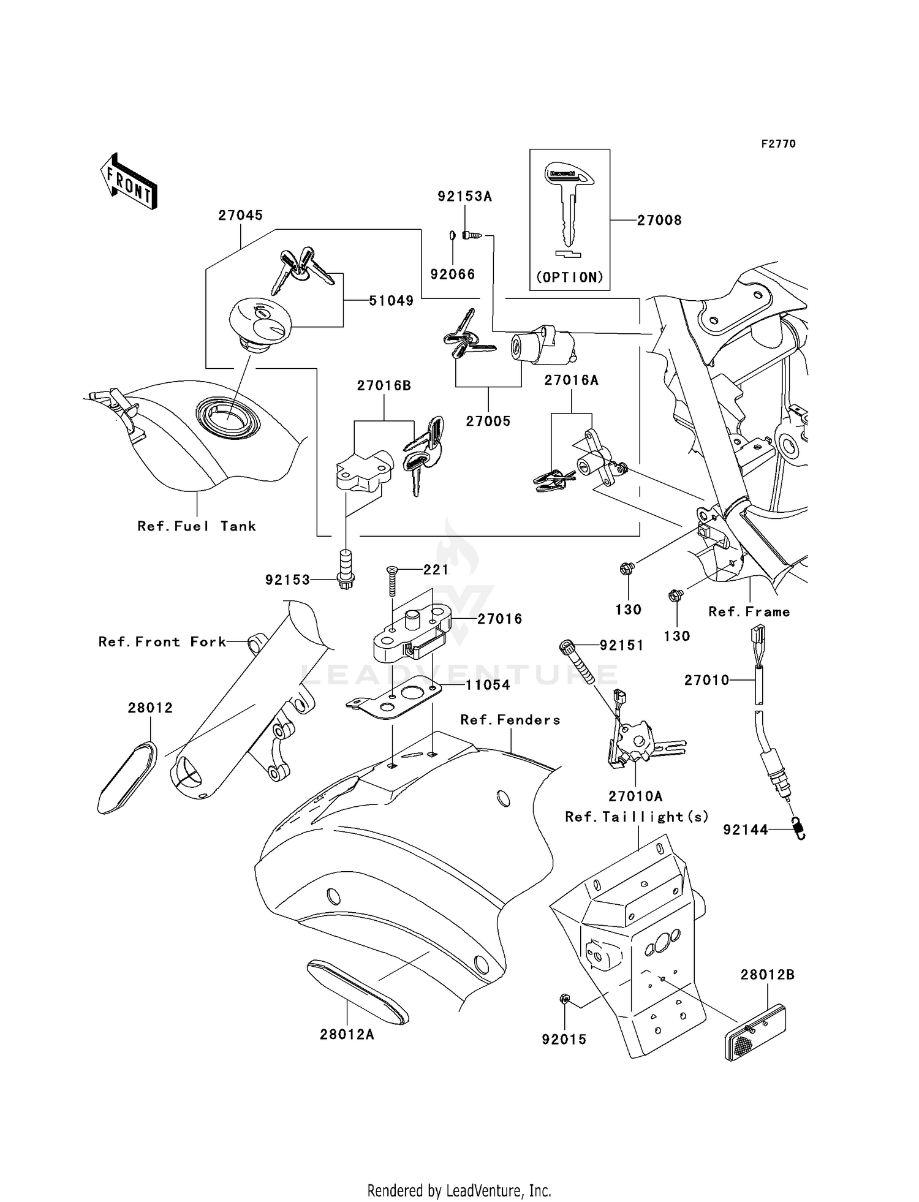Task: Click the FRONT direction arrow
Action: click(129, 182)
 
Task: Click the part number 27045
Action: click(241, 216)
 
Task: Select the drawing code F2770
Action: click(778, 144)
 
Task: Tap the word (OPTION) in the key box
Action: click(570, 278)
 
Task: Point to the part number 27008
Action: click(659, 221)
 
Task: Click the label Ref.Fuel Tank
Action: click(197, 526)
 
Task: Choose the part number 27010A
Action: click(635, 796)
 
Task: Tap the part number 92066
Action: click(453, 274)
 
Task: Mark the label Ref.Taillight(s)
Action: click(637, 817)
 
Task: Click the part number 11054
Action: click(488, 685)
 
